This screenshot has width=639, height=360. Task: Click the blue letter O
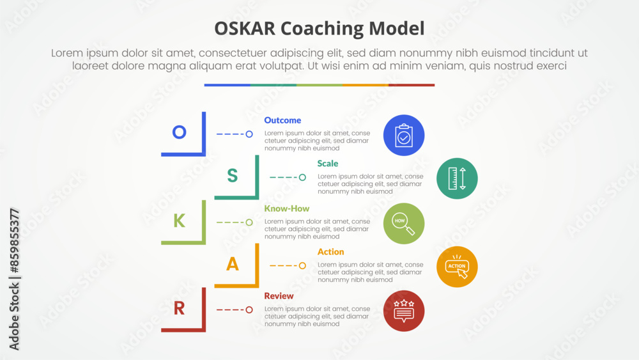(x=179, y=132)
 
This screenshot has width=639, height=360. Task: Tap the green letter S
(x=233, y=175)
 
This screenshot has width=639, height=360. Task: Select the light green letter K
(x=180, y=221)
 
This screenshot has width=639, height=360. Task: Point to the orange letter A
(x=233, y=264)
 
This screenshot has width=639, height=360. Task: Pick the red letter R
(x=180, y=308)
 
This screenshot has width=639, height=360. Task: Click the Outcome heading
(x=282, y=120)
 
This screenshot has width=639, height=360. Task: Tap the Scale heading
(x=328, y=164)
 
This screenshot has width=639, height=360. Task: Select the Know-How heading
(x=286, y=208)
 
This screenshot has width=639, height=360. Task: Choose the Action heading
(x=330, y=251)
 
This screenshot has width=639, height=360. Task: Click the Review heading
(x=279, y=295)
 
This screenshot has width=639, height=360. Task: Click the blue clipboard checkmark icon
(x=404, y=136)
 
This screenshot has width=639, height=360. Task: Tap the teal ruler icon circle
(x=457, y=178)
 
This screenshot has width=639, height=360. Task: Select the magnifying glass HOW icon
(x=404, y=223)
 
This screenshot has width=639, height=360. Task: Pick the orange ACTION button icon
(x=457, y=267)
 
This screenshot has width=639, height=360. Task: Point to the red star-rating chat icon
(x=404, y=311)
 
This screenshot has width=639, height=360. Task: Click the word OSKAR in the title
(x=245, y=29)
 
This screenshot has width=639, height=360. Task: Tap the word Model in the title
(x=397, y=29)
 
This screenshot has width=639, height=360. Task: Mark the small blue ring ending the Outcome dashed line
(x=249, y=134)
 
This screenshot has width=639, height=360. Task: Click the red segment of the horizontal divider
(x=412, y=85)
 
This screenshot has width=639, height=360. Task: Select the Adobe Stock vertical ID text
(x=14, y=279)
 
